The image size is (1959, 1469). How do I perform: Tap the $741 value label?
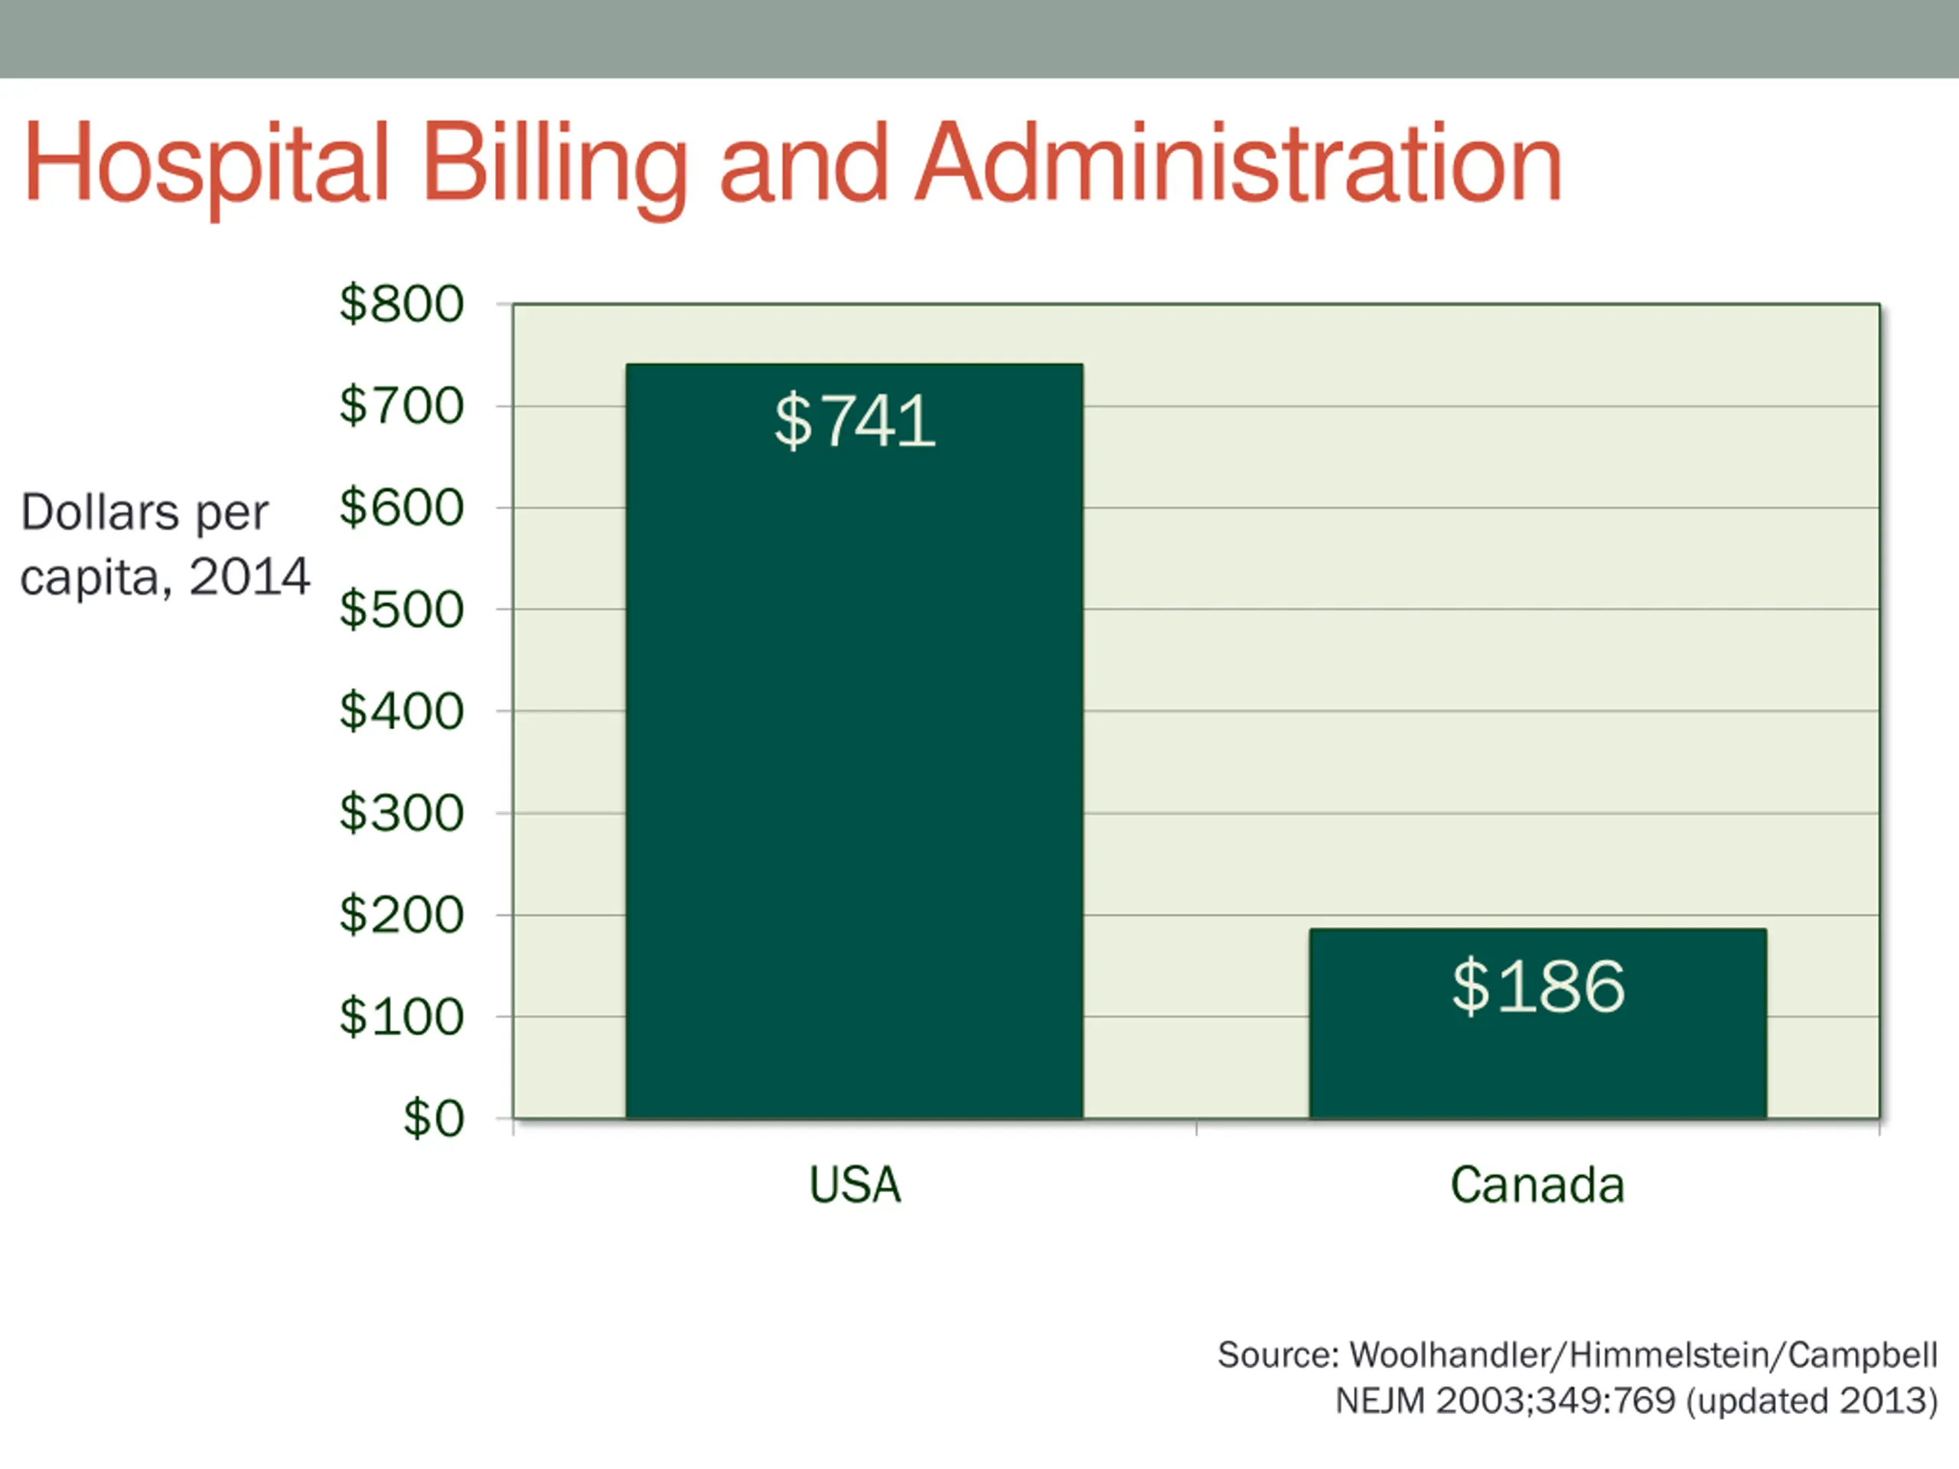click(854, 421)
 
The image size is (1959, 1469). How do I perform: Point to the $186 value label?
click(1537, 985)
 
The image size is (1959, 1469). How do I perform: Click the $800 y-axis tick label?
click(401, 304)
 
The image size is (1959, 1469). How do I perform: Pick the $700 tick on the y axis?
click(401, 406)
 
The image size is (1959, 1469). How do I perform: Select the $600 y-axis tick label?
click(401, 507)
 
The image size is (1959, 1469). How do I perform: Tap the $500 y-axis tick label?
click(401, 609)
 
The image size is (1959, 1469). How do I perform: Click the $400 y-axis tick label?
click(401, 711)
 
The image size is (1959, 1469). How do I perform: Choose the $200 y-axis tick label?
click(401, 915)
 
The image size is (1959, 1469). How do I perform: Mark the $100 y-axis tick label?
click(401, 1017)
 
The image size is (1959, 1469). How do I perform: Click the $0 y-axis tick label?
click(433, 1119)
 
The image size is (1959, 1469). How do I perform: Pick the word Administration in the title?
click(1237, 164)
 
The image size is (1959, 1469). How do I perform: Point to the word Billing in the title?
click(554, 164)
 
